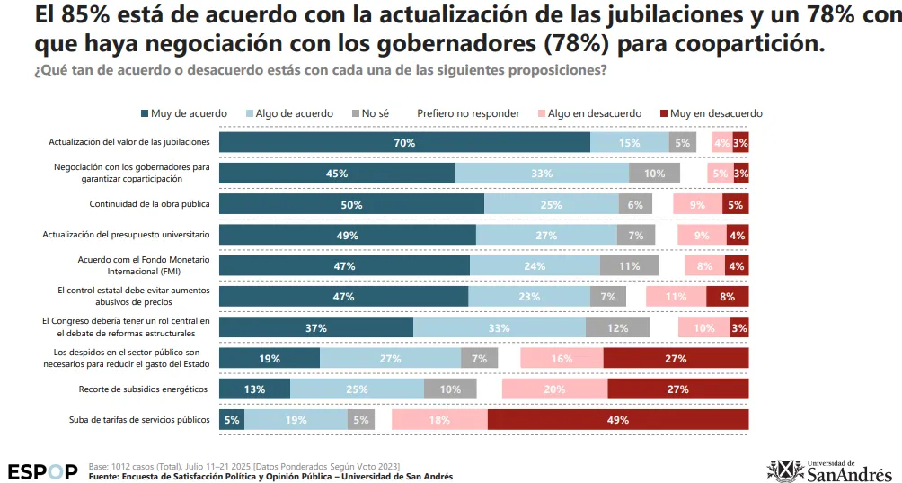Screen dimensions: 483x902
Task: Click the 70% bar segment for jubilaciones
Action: coord(404,142)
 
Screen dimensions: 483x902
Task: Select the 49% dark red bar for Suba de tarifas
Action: coord(618,420)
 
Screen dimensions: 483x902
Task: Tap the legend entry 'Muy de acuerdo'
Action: coord(183,113)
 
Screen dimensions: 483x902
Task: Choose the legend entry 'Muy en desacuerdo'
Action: coord(711,113)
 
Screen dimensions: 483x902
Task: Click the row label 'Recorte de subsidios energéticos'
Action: coord(144,389)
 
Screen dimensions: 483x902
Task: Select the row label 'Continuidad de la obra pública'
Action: coord(149,203)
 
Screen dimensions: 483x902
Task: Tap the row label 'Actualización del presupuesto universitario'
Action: coord(127,234)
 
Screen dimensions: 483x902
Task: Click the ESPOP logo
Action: coord(42,471)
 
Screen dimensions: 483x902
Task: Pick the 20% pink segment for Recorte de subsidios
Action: coord(554,389)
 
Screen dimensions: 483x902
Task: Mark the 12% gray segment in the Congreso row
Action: coord(616,327)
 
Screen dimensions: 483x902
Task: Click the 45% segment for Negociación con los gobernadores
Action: coord(337,173)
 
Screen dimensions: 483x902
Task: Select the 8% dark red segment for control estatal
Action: coord(727,296)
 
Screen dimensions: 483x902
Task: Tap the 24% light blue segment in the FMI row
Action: coord(535,265)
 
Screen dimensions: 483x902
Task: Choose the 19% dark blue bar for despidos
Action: coord(270,358)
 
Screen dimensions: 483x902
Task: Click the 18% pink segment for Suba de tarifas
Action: coord(439,420)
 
